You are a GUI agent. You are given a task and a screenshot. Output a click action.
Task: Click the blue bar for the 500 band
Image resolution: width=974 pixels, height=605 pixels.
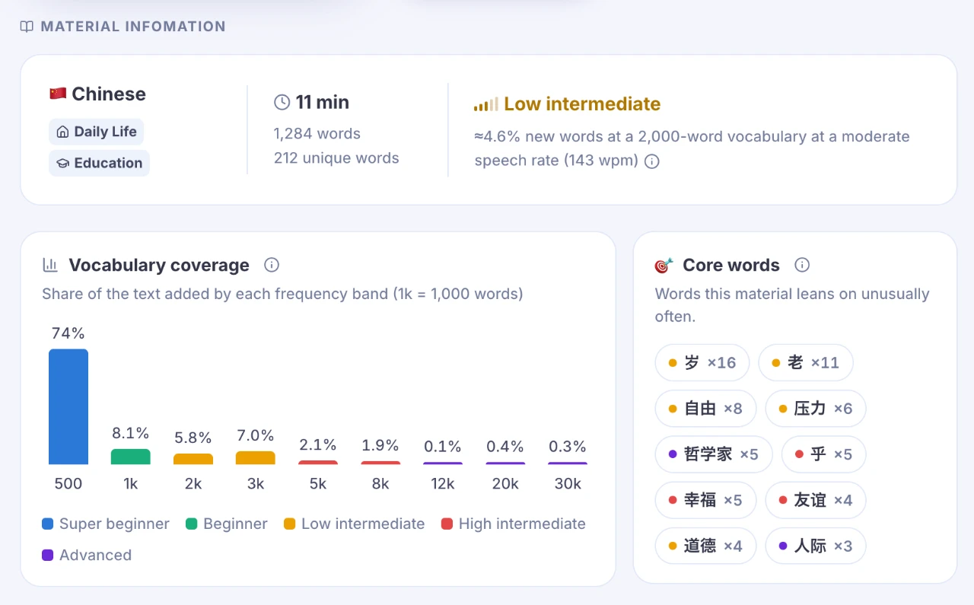click(x=68, y=406)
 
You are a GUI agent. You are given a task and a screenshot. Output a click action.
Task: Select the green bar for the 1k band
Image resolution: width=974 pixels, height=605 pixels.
click(x=130, y=457)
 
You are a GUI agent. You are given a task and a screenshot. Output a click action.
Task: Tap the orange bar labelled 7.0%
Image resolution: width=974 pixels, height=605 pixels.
click(x=255, y=457)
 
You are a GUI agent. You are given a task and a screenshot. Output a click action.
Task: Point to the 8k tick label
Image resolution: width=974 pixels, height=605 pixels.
click(x=380, y=484)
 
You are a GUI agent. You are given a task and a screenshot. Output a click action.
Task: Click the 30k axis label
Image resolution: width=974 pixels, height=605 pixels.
click(x=568, y=484)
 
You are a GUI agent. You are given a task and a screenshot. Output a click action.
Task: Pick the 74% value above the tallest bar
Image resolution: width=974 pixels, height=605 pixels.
click(x=68, y=333)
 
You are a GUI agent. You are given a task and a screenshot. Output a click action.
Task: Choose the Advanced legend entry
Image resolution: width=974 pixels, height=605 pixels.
click(x=87, y=555)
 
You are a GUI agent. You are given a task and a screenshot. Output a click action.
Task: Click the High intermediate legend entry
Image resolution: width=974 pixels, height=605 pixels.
click(x=513, y=524)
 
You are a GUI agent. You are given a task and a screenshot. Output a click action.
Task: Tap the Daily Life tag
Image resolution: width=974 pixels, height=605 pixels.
click(x=96, y=132)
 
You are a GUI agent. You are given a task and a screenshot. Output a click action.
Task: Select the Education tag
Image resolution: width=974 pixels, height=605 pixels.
click(x=99, y=163)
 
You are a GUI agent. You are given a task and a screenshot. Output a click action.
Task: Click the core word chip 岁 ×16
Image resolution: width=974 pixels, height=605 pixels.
click(x=702, y=362)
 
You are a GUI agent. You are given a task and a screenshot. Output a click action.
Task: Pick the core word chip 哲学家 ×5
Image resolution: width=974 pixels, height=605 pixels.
click(x=713, y=454)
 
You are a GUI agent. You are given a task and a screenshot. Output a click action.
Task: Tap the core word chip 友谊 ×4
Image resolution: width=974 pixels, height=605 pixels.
click(x=815, y=500)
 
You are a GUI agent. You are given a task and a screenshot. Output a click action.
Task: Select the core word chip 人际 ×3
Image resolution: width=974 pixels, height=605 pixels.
click(x=815, y=546)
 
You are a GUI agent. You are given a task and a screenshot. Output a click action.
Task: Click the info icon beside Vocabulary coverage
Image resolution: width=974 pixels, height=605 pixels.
click(x=272, y=265)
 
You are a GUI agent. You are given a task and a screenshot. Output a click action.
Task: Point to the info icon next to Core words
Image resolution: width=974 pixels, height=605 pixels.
click(x=802, y=265)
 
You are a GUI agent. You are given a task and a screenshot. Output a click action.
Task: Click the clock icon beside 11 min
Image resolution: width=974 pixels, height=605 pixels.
click(x=282, y=102)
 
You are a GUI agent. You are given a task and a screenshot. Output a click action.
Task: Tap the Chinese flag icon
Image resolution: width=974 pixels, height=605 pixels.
click(x=58, y=94)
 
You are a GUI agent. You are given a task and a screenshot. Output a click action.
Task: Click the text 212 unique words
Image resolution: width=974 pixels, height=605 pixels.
click(x=336, y=158)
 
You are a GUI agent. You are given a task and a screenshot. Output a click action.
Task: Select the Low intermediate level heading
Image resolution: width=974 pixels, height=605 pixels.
click(x=582, y=104)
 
